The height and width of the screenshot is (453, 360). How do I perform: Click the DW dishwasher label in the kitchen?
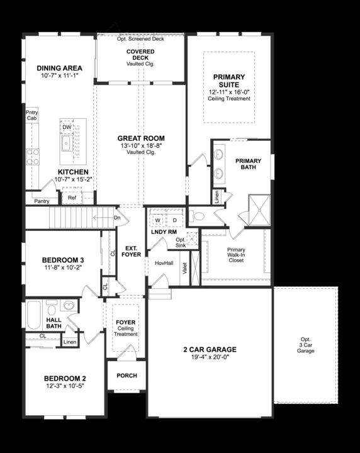tap(67, 127)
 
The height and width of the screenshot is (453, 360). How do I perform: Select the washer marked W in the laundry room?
tap(158, 220)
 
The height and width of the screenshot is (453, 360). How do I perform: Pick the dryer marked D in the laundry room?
tap(174, 220)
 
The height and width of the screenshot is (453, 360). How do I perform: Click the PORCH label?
tap(127, 376)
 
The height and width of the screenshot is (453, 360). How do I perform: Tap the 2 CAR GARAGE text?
tap(210, 349)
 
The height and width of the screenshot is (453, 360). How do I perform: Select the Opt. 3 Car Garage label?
tap(305, 345)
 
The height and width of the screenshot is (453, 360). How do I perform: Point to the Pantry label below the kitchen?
tap(42, 201)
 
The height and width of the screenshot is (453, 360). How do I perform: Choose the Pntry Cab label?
tap(31, 115)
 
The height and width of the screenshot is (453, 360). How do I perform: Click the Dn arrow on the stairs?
tap(116, 218)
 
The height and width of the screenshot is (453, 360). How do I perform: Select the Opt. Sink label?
tap(181, 242)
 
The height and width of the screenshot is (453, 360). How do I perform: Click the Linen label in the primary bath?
tap(217, 197)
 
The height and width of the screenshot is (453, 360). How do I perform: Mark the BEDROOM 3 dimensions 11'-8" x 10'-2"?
tap(62, 267)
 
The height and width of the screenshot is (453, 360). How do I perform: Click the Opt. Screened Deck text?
tap(140, 39)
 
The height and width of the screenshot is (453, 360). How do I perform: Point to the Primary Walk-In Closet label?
tap(236, 254)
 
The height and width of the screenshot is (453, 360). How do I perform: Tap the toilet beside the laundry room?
tap(198, 216)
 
